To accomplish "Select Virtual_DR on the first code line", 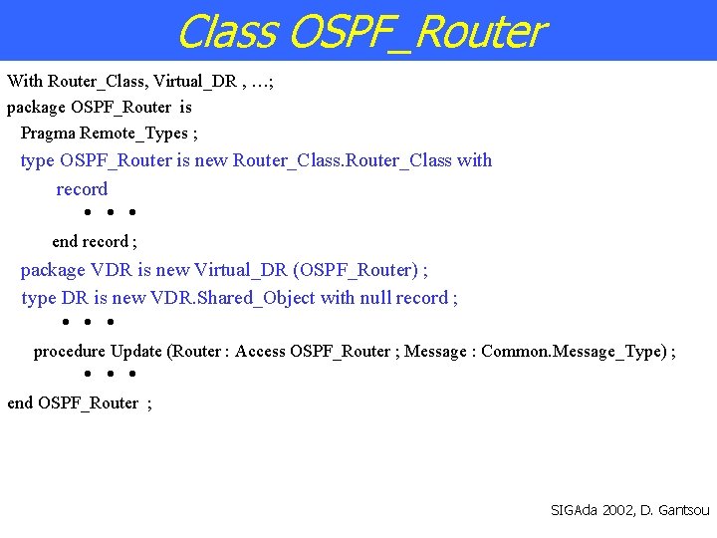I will click(195, 81).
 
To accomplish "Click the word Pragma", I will click(49, 133).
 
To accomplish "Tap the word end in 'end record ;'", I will click(64, 241).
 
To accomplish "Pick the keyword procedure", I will click(70, 351).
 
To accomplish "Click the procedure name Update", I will click(136, 351).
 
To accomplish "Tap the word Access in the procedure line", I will click(260, 351).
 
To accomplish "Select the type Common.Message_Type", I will click(573, 351).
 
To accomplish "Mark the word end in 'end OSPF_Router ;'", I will click(20, 403).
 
